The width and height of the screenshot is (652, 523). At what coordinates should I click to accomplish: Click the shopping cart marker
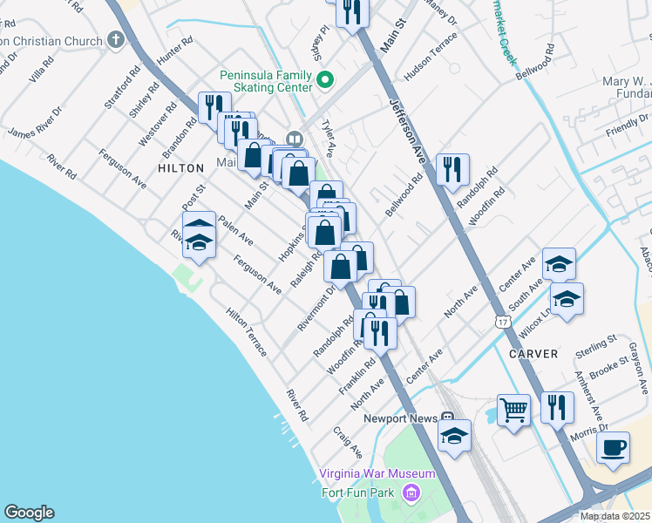513,409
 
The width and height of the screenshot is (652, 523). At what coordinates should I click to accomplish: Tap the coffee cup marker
613,447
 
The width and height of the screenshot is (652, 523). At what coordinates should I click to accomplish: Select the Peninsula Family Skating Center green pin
325,82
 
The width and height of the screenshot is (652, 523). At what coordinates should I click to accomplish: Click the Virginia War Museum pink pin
411,494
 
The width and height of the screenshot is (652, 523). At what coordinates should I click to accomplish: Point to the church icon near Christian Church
115,39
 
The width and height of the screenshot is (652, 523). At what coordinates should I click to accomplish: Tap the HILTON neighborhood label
180,166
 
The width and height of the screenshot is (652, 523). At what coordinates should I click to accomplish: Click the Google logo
29,513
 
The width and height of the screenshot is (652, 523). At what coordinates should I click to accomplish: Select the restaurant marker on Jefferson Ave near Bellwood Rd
451,169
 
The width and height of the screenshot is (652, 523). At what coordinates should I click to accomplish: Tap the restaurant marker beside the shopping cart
554,407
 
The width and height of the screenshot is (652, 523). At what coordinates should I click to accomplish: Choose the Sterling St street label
596,345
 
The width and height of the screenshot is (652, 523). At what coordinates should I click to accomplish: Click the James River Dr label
35,122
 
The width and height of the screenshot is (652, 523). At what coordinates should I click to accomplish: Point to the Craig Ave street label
348,442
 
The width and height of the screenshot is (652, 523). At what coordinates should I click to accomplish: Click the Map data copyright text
615,516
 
